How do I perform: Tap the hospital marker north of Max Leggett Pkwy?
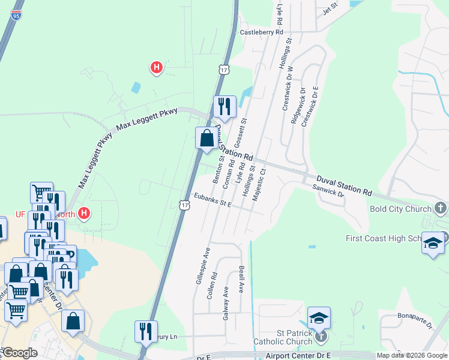coord(156,68)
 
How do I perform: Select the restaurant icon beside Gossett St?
coord(224,107)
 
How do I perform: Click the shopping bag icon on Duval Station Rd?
coord(206,138)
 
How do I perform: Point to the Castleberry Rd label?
coord(261,32)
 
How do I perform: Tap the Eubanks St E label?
coord(212,200)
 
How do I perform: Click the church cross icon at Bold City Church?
coord(441,208)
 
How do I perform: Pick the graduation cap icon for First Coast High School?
coord(433,243)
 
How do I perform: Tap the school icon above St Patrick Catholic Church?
coord(319,318)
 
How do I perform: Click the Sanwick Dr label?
coord(328,190)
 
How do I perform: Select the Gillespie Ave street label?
coord(202,266)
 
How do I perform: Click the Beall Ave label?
coord(241,279)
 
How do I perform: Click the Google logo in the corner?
coord(20,353)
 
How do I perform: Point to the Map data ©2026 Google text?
coord(412,355)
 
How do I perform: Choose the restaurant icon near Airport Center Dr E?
coord(146,331)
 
